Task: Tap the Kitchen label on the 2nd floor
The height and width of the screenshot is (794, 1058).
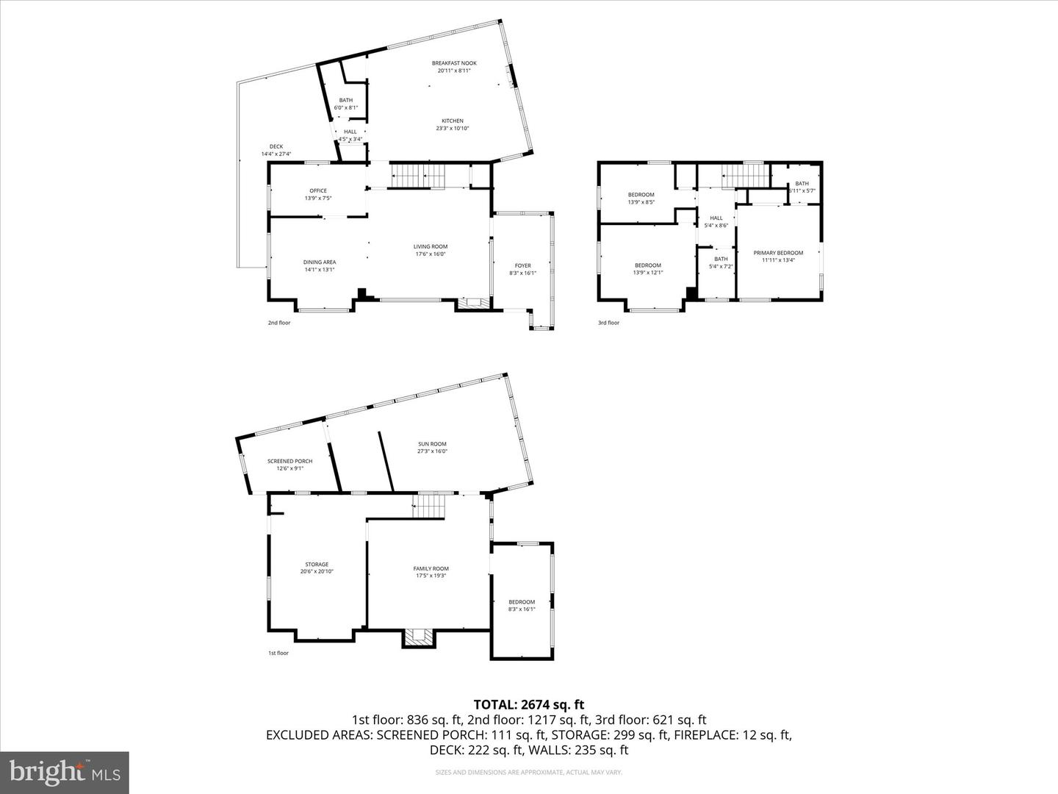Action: pyautogui.click(x=452, y=121)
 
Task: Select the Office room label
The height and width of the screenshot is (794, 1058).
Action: pyautogui.click(x=317, y=190)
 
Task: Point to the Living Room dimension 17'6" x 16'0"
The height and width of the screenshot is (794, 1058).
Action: pyautogui.click(x=431, y=254)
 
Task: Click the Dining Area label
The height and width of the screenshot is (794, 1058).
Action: pyautogui.click(x=320, y=262)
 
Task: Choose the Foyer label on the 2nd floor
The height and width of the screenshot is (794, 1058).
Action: pyautogui.click(x=522, y=265)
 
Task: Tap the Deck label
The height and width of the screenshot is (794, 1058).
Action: pyautogui.click(x=276, y=146)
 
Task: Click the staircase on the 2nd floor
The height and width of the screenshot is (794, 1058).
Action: pyautogui.click(x=418, y=176)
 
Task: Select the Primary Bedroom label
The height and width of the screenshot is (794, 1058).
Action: pyautogui.click(x=778, y=253)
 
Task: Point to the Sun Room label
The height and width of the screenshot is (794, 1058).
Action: pyautogui.click(x=432, y=444)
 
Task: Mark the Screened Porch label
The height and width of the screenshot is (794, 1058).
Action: pyautogui.click(x=289, y=461)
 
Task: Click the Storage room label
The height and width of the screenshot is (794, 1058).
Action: pyautogui.click(x=317, y=565)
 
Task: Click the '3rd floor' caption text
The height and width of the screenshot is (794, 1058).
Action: pyautogui.click(x=608, y=323)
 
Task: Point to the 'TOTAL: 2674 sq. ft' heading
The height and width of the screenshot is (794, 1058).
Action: pyautogui.click(x=529, y=705)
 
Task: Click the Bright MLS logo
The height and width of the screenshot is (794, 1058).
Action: pyautogui.click(x=64, y=772)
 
